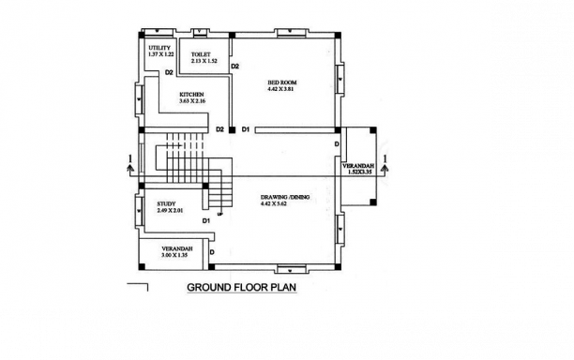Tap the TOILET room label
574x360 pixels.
[200, 54]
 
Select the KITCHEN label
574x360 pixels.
[194, 95]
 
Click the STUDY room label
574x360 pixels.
[153, 202]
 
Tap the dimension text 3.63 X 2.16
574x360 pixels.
[194, 101]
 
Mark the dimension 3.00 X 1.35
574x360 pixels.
[175, 255]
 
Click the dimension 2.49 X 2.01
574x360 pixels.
[154, 210]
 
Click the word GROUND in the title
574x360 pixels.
[210, 288]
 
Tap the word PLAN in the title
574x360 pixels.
[282, 288]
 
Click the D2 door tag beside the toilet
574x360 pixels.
[235, 67]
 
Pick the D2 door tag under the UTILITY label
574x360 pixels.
[169, 72]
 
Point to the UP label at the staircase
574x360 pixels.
[219, 214]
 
